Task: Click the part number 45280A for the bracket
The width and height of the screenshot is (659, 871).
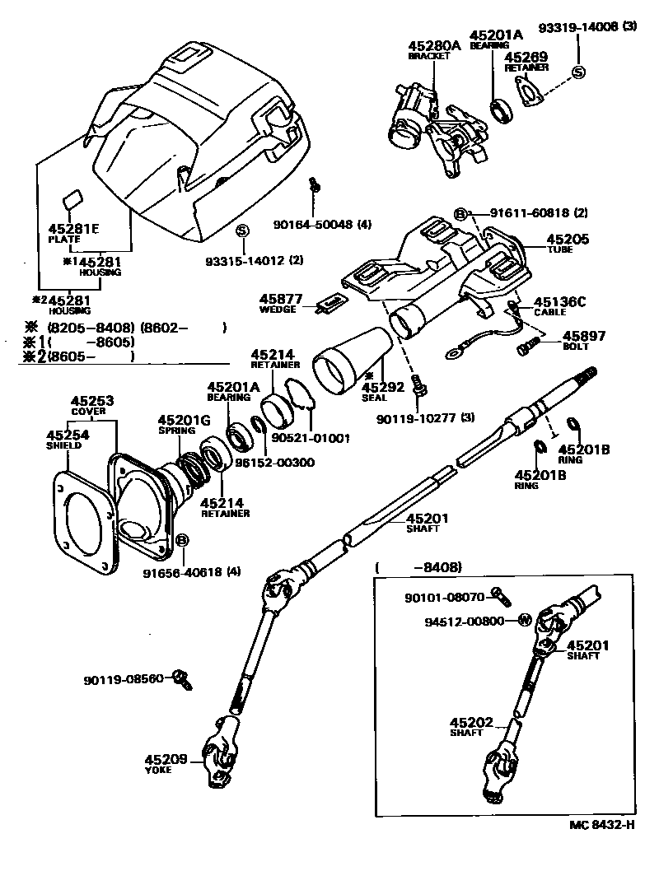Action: tap(434, 46)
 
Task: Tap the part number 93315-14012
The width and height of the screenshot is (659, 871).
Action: tap(244, 262)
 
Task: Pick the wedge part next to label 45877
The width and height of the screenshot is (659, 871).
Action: tap(330, 304)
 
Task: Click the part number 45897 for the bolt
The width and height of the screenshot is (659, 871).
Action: tap(583, 336)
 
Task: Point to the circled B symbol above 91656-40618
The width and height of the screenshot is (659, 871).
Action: tap(182, 540)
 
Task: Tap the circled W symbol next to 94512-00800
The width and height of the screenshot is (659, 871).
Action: tap(522, 620)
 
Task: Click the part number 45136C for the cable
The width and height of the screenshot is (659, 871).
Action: tap(559, 302)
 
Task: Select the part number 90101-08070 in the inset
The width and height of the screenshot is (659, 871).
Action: tap(446, 598)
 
